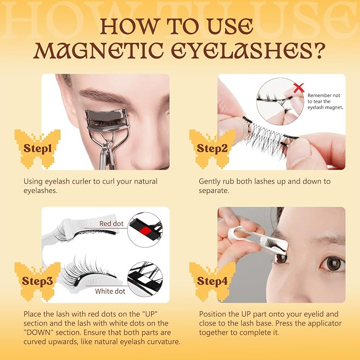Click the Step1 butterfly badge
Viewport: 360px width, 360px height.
38,148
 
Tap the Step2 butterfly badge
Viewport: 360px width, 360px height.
213,148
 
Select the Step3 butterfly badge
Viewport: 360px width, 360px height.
38,282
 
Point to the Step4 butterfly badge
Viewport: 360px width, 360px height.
213,282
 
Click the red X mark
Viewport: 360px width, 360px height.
298,88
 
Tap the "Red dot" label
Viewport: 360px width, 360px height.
111,223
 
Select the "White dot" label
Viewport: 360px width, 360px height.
110,291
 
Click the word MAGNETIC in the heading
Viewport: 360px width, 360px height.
99,50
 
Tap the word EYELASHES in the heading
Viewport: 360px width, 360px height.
242,50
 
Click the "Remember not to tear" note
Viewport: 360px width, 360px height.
325,101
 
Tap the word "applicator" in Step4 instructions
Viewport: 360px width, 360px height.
324,324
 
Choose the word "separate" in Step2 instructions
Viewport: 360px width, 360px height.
214,191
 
